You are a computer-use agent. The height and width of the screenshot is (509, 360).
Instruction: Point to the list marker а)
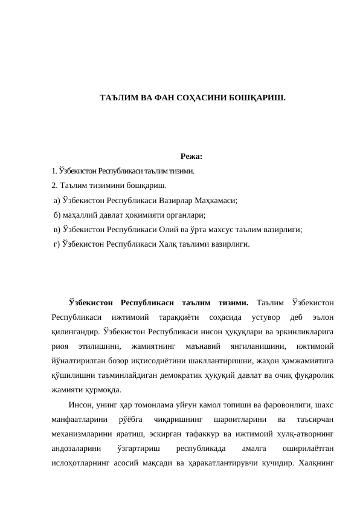pyautogui.click(x=57, y=201)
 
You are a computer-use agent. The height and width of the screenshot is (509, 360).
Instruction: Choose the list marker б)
pyautogui.click(x=57, y=215)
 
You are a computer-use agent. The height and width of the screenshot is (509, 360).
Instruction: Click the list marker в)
pyautogui.click(x=57, y=230)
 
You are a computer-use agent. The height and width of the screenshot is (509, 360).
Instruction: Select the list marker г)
pyautogui.click(x=57, y=244)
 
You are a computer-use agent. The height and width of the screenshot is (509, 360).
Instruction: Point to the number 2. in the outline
pyautogui.click(x=56, y=186)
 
